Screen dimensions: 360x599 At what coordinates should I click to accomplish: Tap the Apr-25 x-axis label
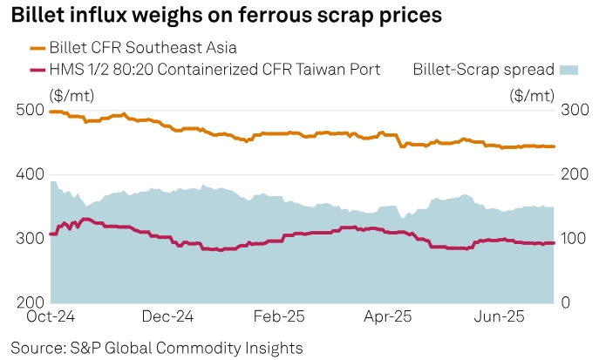point(387,317)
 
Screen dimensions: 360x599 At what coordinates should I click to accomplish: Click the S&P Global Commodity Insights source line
point(157,348)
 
